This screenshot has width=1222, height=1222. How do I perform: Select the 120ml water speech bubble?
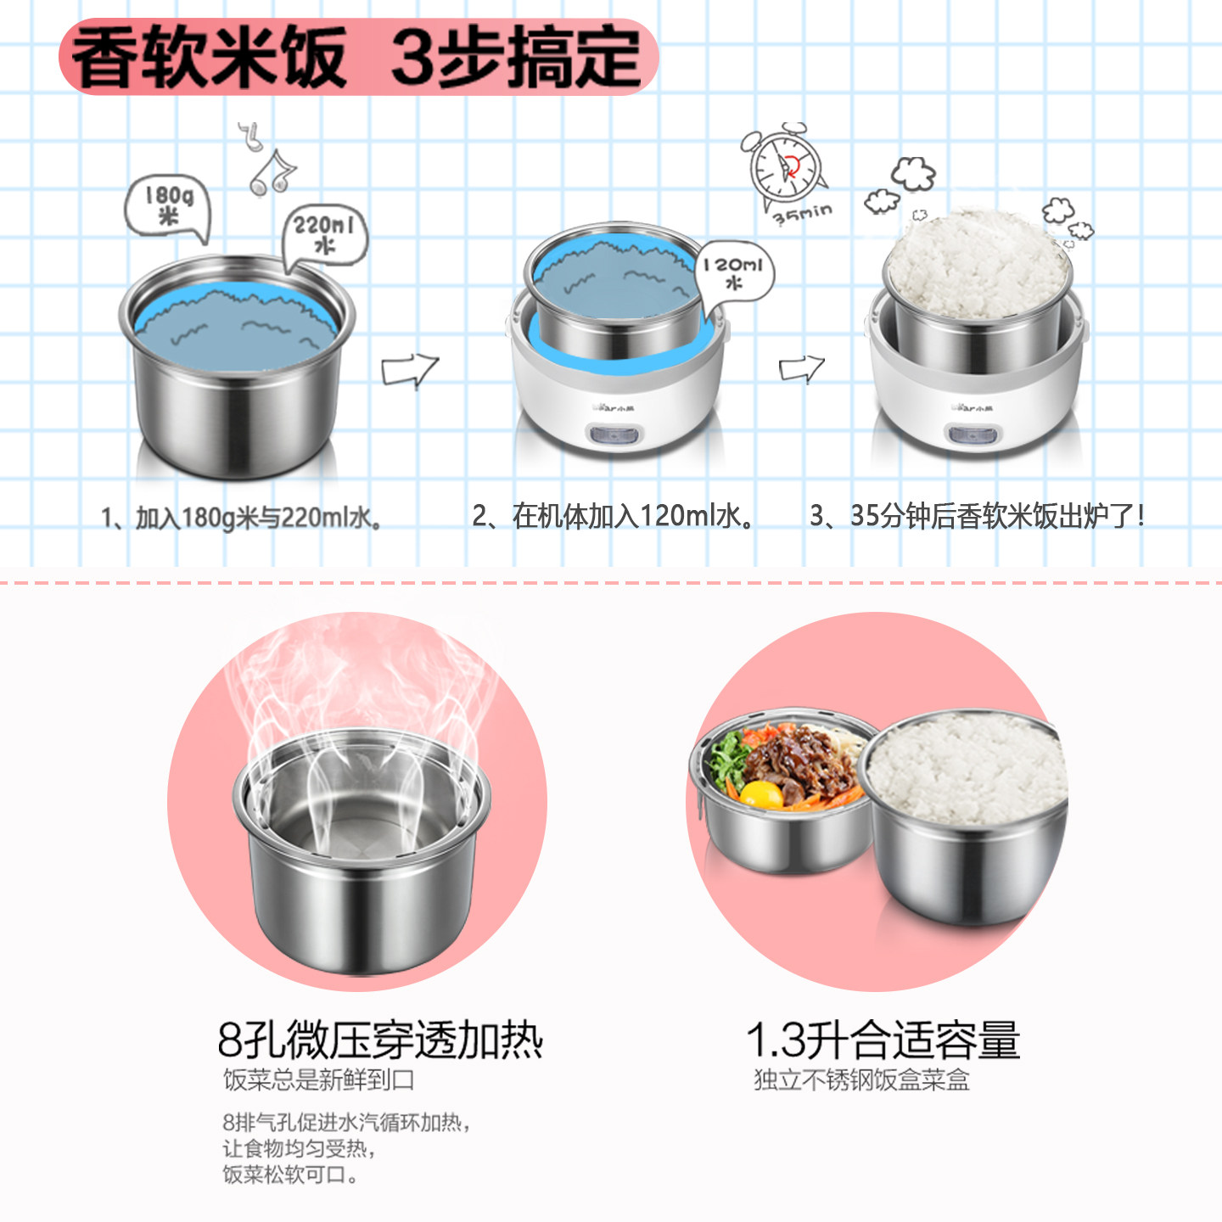(736, 272)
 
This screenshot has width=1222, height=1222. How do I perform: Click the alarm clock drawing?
(784, 166)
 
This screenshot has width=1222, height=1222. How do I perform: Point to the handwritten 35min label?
(803, 214)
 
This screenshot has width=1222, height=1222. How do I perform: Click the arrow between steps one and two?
(410, 370)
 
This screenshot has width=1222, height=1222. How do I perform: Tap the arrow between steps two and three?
(802, 368)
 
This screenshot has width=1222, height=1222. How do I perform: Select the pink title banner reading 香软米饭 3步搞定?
(358, 57)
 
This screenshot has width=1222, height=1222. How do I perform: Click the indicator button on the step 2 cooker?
(614, 435)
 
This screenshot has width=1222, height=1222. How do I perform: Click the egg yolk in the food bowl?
(761, 793)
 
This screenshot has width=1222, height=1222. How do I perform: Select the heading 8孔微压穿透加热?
(380, 1040)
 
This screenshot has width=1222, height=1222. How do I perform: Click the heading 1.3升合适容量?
(883, 1040)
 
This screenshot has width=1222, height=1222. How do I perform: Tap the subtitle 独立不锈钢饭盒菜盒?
(862, 1079)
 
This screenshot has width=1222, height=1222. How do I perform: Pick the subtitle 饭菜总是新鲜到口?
(318, 1079)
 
